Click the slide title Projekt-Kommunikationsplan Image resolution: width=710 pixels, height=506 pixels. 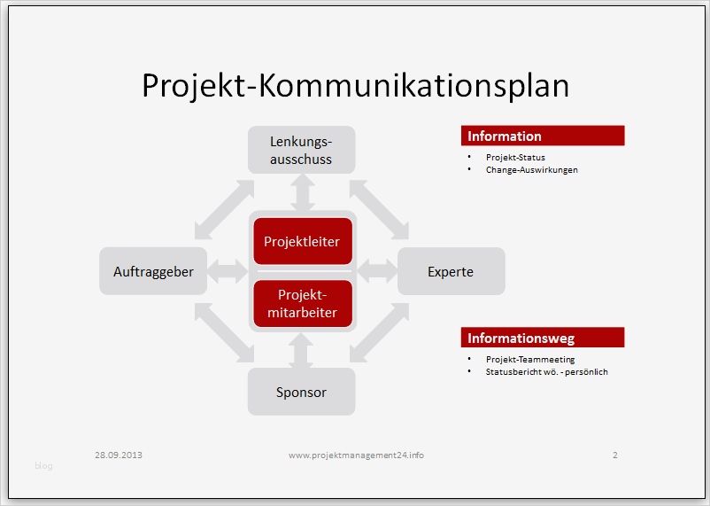tap(355, 85)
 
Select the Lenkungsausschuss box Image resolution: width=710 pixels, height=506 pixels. tap(301, 150)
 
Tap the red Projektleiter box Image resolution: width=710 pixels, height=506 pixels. tap(302, 241)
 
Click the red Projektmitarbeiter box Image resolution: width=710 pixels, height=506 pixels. tap(302, 303)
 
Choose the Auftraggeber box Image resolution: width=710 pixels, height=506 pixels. tap(153, 271)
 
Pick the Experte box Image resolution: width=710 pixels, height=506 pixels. tap(451, 271)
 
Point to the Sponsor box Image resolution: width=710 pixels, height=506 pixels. tap(301, 392)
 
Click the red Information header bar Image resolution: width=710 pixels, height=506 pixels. tap(543, 136)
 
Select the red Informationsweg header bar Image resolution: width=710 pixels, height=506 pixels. tap(543, 338)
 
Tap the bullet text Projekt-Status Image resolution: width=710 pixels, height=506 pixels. tap(515, 158)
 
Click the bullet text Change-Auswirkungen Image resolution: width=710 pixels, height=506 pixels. tap(531, 169)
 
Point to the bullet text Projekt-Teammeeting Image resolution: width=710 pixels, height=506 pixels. tap(530, 360)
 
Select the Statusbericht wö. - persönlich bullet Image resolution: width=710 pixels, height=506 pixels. tap(546, 372)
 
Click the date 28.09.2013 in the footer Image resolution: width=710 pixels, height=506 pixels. tap(119, 455)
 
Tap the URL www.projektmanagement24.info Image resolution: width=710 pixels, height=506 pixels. tap(356, 455)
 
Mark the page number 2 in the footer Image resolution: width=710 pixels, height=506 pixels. tap(614, 455)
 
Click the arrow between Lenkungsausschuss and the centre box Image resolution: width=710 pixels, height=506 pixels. tap(302, 191)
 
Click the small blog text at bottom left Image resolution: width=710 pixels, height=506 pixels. tap(43, 466)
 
